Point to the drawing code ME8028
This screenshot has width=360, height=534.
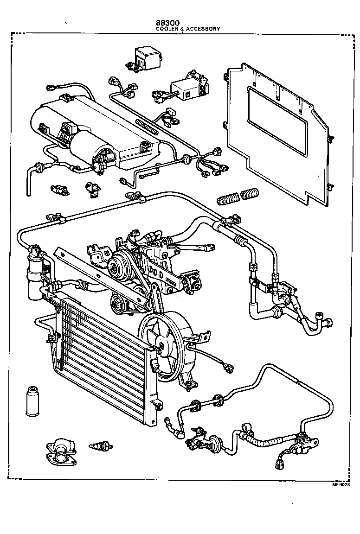pos(340,484)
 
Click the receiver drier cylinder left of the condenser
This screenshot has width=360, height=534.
pos(34,273)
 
